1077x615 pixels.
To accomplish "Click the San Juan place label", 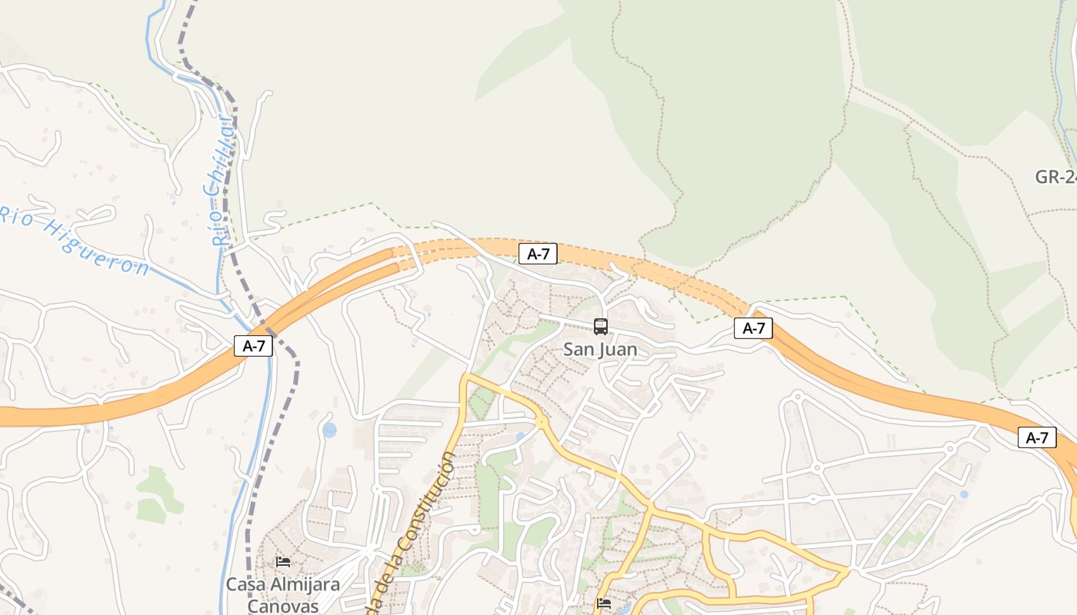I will (600, 350).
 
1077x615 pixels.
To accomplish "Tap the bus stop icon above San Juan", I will (601, 327).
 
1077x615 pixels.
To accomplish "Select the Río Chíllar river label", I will (221, 181).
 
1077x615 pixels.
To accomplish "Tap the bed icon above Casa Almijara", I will (283, 562).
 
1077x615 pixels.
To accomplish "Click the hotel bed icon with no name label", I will (604, 603).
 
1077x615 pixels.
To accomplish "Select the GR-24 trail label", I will (1055, 177).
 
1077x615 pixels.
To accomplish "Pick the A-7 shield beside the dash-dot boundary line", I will (254, 346).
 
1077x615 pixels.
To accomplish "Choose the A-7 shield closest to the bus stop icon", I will (538, 254).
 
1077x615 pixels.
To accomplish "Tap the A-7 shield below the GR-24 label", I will (1037, 438).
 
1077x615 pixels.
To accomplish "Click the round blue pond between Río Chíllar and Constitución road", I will (329, 430).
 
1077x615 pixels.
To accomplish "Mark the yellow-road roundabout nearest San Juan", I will (542, 421).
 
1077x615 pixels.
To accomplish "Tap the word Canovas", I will (282, 606).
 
